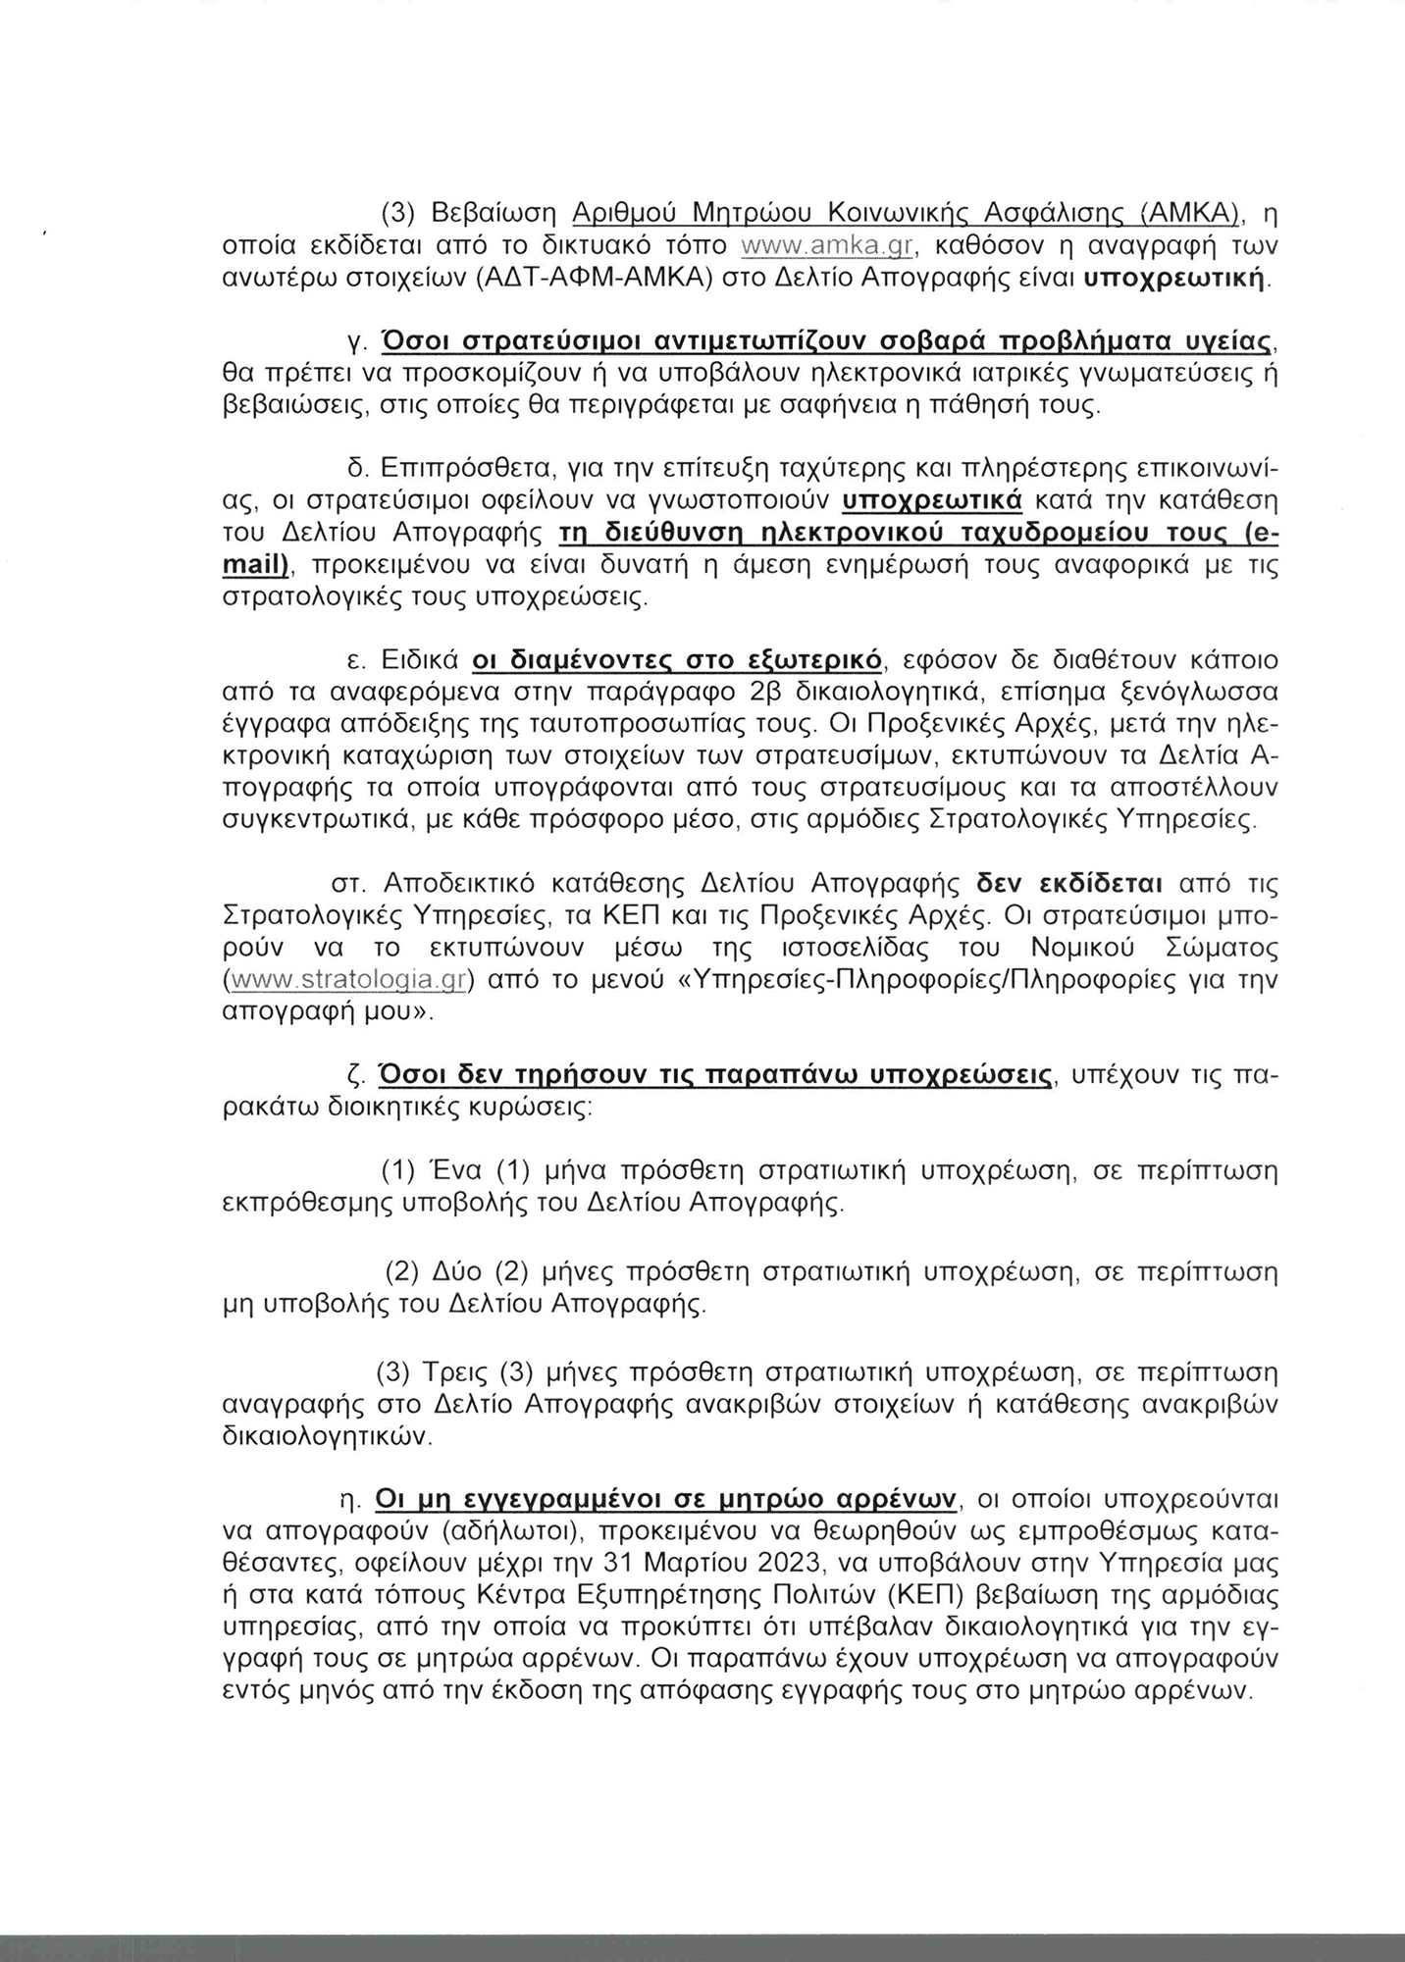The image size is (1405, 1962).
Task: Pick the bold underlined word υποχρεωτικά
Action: point(932,500)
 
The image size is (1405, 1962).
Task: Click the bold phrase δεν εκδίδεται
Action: point(1067,883)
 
